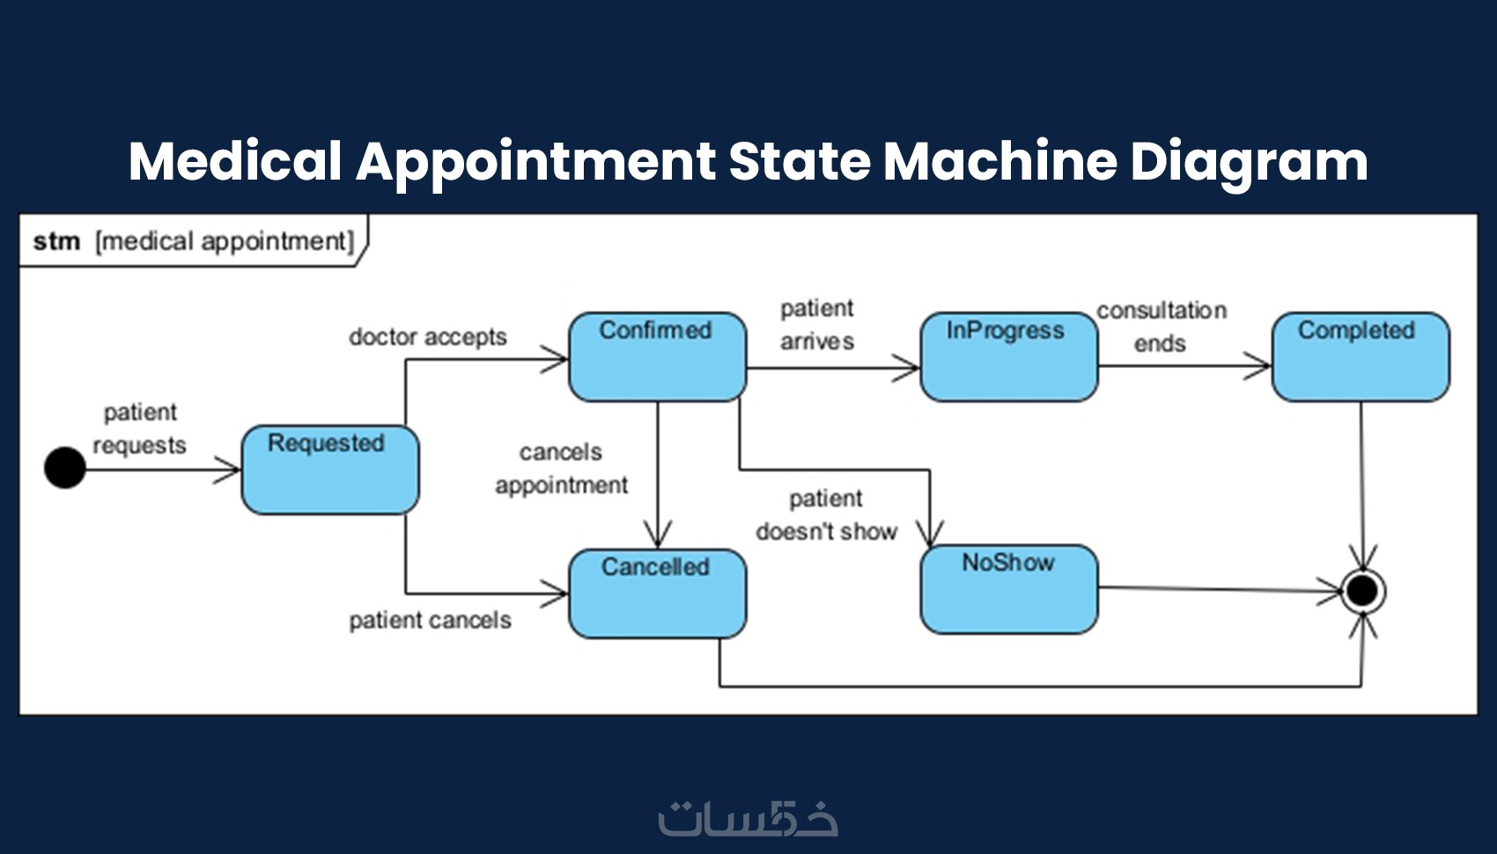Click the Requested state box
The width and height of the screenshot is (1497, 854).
pos(330,470)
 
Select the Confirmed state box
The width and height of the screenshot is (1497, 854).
pos(657,357)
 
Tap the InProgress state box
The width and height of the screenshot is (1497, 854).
pos(1009,357)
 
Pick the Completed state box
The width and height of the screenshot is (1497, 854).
pos(1361,357)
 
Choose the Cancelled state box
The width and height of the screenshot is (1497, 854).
pos(657,593)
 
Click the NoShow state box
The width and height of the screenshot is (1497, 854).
pos(1009,589)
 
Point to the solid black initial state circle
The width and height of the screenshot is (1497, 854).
pos(65,467)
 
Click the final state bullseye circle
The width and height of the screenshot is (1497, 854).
pos(1362,591)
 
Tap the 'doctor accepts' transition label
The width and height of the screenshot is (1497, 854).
pos(428,337)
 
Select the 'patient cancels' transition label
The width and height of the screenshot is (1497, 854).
pos(430,621)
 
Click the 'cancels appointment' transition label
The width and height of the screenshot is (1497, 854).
pos(561,468)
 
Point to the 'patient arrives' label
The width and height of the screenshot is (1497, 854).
pos(817,325)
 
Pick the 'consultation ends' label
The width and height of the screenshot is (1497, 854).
pos(1161,327)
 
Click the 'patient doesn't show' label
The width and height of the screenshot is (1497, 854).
pos(826,515)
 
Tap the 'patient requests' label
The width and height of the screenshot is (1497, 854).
pos(140,429)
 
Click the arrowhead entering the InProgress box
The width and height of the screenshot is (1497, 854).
pos(907,367)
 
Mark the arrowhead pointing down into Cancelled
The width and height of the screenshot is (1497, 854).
pos(657,535)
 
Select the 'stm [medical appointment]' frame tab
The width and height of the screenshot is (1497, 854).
pos(193,241)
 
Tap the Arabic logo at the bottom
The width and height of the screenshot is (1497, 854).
pos(748,818)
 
